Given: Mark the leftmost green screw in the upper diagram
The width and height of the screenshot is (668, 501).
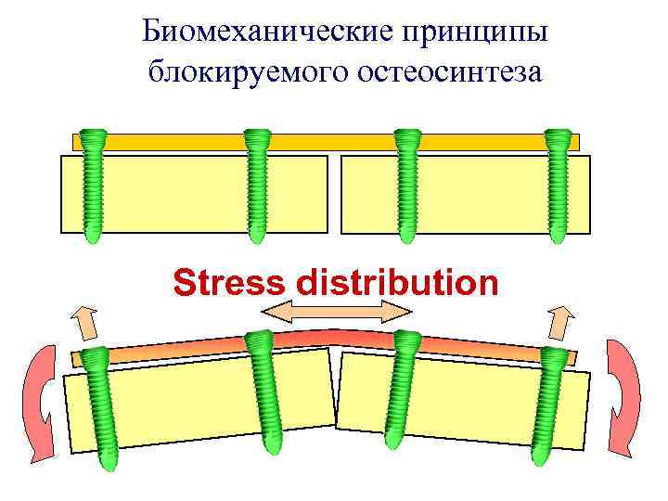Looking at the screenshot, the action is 93,186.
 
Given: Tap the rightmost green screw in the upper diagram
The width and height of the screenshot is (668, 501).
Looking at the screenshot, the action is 557,186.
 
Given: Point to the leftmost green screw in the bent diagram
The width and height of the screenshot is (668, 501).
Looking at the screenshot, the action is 98,408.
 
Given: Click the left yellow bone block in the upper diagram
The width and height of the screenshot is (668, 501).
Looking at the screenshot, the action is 195,193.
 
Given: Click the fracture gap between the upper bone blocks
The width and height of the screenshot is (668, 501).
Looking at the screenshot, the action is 335,193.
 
